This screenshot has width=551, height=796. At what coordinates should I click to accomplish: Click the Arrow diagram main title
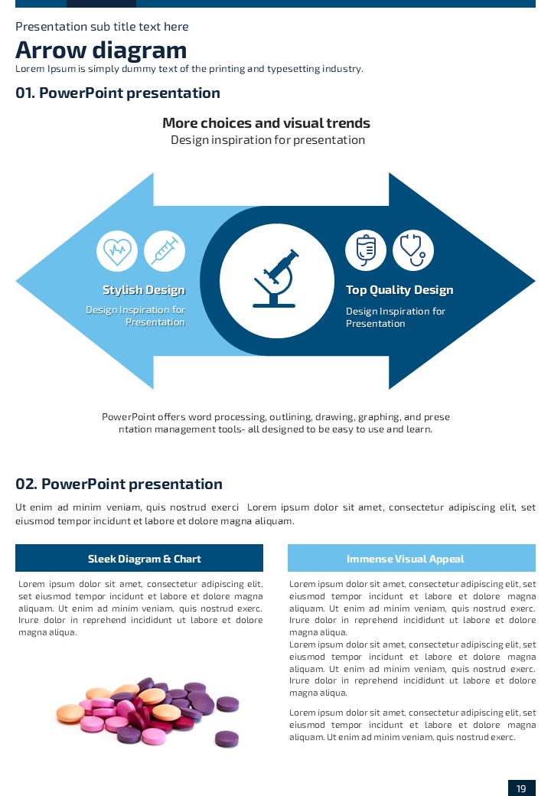click(x=101, y=51)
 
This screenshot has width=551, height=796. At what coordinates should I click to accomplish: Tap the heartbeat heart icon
click(x=117, y=250)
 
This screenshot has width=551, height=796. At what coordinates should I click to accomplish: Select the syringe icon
click(x=165, y=250)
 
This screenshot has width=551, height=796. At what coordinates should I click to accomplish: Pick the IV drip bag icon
click(x=366, y=250)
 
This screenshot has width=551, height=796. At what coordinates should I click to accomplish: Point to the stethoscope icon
click(x=413, y=250)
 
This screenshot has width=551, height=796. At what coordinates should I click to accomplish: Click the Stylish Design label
click(x=144, y=290)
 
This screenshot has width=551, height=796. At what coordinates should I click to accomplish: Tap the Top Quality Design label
click(x=399, y=290)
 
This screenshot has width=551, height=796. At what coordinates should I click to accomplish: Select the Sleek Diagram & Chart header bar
click(x=139, y=558)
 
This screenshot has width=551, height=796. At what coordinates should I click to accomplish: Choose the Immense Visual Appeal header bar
click(x=411, y=558)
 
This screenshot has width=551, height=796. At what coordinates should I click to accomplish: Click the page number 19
click(x=521, y=788)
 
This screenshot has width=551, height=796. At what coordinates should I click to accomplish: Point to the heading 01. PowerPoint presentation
click(x=118, y=93)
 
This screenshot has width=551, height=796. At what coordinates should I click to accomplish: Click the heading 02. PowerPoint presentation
click(x=119, y=484)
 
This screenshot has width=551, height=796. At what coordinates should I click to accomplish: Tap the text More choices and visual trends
click(x=266, y=123)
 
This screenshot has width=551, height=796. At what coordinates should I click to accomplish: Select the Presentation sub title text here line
click(x=102, y=27)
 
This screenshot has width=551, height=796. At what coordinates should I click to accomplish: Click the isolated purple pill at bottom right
click(x=227, y=738)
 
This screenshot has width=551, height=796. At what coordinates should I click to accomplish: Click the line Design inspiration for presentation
click(x=268, y=140)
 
